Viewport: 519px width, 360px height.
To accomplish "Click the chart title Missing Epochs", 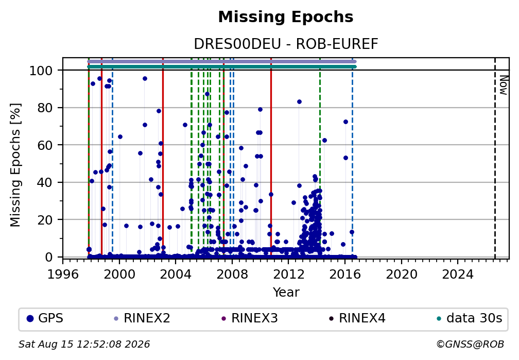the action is (x=286, y=17).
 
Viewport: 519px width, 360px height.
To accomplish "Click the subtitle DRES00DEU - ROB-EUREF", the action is (x=286, y=44).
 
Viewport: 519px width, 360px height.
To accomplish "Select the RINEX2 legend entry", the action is (x=142, y=318).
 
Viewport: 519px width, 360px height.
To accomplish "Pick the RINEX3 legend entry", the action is (x=250, y=318).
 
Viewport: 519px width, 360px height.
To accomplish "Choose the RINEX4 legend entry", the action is (x=357, y=318).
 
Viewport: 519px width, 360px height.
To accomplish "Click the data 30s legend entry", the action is (x=470, y=318).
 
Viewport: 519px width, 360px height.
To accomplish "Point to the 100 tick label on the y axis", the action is (x=41, y=71).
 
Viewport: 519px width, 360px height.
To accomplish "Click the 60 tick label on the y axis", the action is (x=45, y=145).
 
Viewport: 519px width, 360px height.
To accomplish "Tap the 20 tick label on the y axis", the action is (x=45, y=219).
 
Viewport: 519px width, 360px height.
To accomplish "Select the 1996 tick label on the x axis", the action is (x=63, y=275).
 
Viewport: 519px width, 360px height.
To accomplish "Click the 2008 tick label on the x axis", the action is (x=232, y=275).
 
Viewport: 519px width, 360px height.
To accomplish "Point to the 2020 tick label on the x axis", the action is (x=402, y=275).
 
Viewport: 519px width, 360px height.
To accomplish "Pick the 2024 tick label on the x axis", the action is (x=458, y=275).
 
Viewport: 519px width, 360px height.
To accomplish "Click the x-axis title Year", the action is (x=286, y=292).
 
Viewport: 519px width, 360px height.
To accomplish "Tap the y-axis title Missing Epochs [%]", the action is (x=15, y=165).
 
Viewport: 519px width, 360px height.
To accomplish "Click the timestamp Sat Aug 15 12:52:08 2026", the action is (x=84, y=345).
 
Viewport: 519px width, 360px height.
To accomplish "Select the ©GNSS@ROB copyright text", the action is (x=470, y=345).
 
